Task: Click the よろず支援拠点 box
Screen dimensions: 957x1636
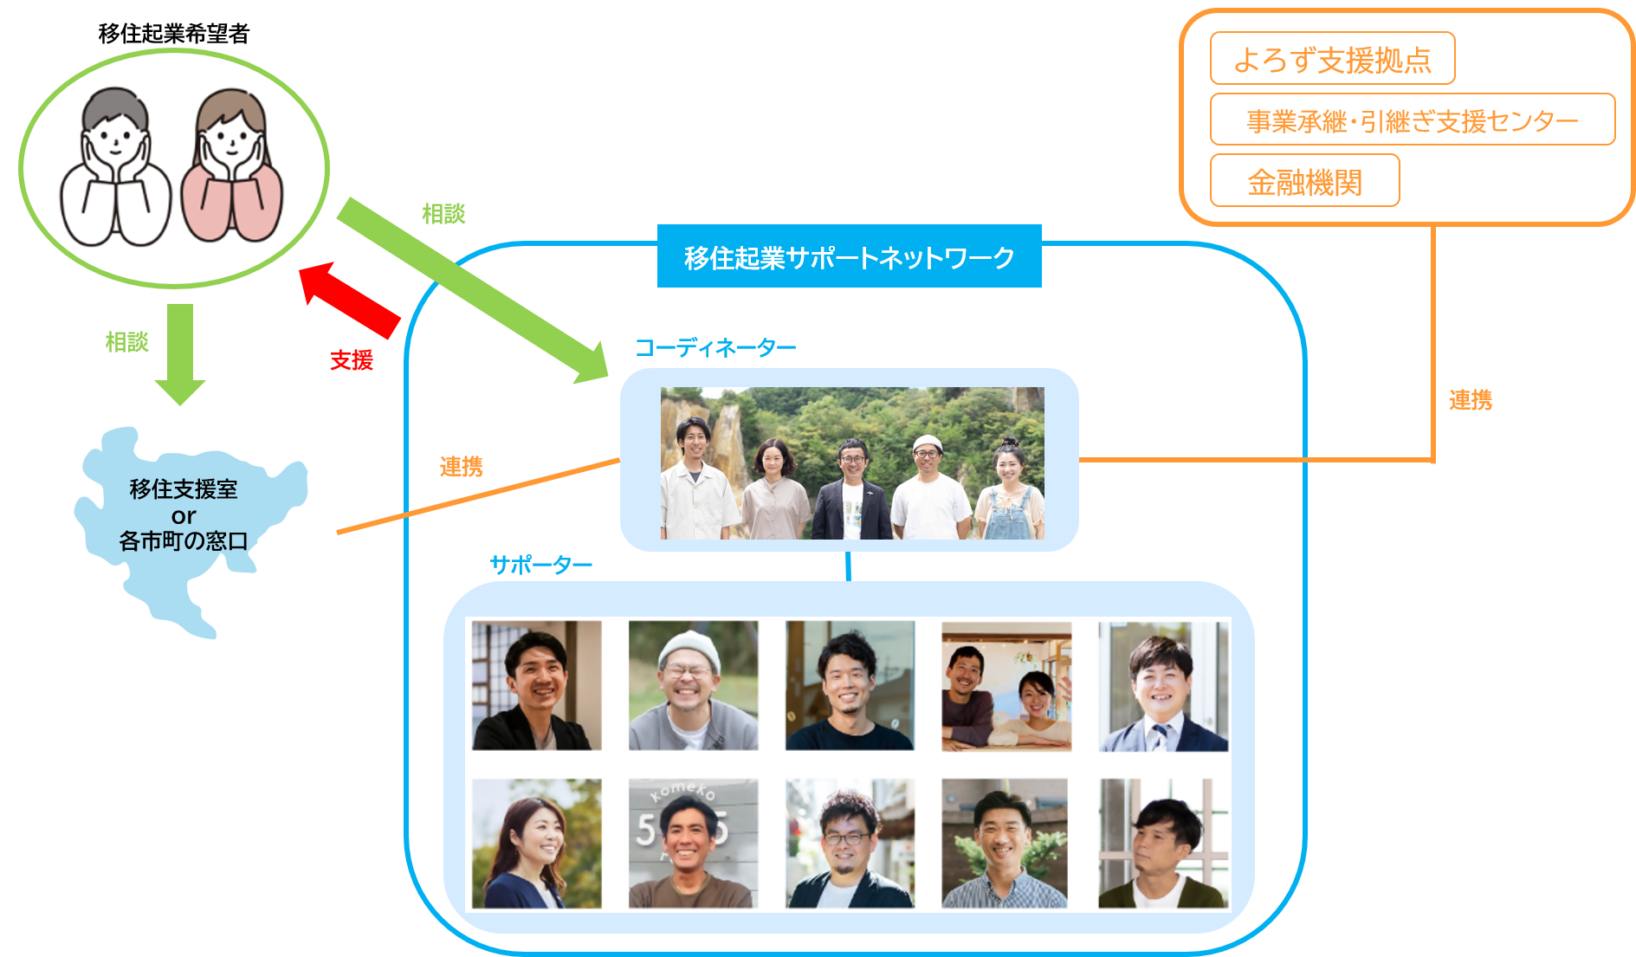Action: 1332,59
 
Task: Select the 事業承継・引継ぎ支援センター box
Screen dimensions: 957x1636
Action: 1412,120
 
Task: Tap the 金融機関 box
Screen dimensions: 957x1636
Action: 1304,181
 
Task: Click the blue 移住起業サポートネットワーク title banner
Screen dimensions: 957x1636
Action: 849,256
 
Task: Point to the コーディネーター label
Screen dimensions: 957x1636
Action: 715,348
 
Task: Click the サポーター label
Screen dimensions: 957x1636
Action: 540,566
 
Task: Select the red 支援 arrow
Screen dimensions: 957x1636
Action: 350,300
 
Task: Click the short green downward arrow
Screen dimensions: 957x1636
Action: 180,354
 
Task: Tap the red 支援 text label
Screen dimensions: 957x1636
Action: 352,360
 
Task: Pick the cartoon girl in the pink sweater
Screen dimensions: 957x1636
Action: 231,169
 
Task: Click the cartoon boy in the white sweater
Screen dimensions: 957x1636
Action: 115,169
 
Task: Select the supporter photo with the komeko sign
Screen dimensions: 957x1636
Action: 693,843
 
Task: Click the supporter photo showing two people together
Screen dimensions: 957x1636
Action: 1006,685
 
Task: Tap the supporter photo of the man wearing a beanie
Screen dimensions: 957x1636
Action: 693,685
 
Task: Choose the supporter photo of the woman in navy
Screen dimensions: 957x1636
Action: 537,843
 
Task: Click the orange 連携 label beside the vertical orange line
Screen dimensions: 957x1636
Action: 1471,400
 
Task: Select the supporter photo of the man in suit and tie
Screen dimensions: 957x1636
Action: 1163,685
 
